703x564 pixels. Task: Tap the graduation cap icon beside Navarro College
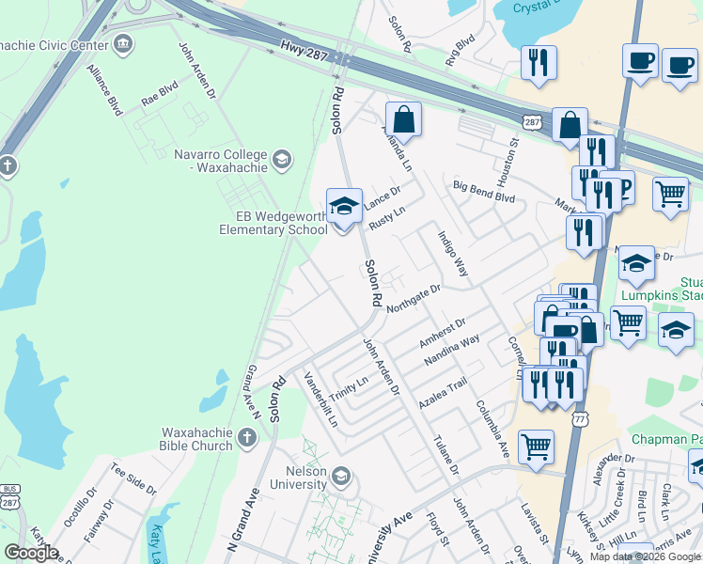pos(282,161)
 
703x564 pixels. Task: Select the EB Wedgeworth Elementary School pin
pos(344,206)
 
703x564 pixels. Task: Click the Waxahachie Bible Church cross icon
pos(245,437)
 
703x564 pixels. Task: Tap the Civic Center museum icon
pos(123,43)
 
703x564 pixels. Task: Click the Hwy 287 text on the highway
pos(303,51)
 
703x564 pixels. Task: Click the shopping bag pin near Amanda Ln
pos(403,119)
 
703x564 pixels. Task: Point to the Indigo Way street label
pos(452,252)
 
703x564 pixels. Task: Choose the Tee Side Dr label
pos(133,478)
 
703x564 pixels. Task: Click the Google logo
pos(31,553)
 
